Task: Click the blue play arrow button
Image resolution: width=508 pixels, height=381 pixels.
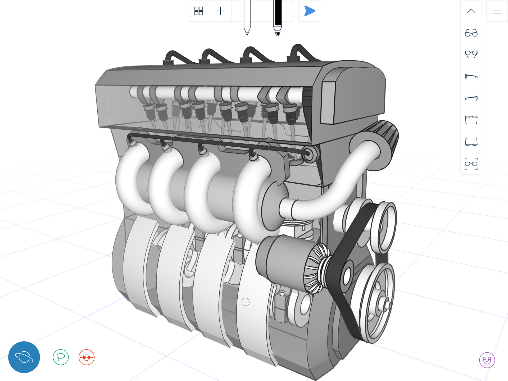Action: tap(309, 11)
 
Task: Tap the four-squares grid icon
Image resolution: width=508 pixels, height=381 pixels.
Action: tap(198, 11)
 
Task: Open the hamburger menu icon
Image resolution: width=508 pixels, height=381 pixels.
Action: tap(497, 11)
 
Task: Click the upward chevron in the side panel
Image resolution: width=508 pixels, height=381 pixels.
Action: tap(471, 11)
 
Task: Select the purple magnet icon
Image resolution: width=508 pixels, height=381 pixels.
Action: tap(487, 360)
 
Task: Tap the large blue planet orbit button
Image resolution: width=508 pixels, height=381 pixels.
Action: tap(24, 357)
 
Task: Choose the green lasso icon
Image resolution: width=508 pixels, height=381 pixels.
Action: tap(61, 357)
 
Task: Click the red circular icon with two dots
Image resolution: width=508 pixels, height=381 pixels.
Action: tap(87, 357)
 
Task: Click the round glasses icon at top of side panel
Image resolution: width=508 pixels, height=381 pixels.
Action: tap(471, 33)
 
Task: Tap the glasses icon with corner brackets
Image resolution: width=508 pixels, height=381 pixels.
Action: tap(471, 164)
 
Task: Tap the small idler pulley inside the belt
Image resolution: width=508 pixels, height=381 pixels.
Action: tap(347, 275)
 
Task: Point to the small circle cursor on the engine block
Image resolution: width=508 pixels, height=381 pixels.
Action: tap(246, 302)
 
